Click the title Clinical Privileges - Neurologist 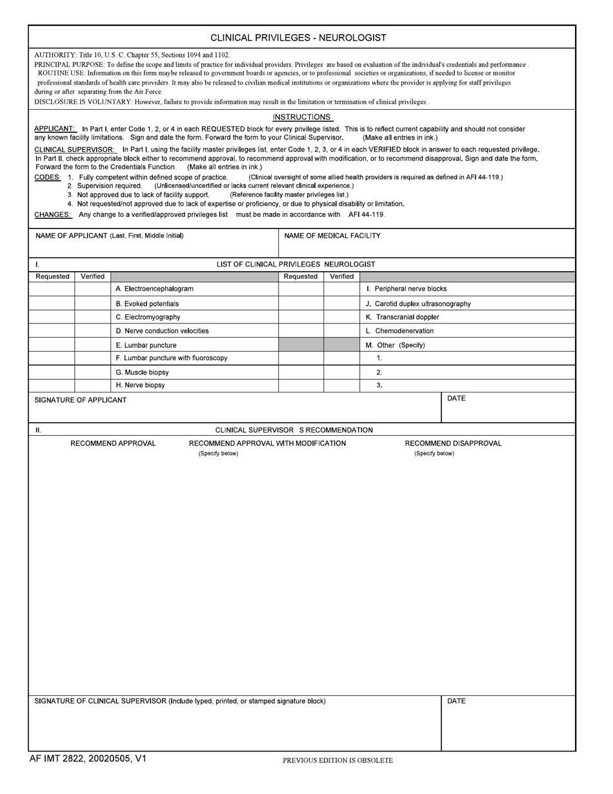[x=298, y=37]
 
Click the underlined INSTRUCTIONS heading [x=302, y=117]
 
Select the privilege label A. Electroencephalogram [x=154, y=289]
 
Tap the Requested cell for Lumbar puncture [x=52, y=345]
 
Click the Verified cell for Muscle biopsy [x=92, y=372]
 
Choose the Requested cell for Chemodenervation [x=301, y=331]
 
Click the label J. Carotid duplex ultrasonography [x=418, y=303]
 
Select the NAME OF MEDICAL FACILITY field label [x=332, y=236]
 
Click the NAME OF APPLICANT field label [x=109, y=236]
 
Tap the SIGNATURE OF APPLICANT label [x=80, y=400]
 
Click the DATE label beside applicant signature [x=456, y=398]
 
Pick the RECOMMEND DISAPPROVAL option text [x=453, y=443]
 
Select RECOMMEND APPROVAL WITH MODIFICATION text [x=267, y=443]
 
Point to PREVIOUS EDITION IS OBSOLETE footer [x=337, y=760]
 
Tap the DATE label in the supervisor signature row [x=456, y=701]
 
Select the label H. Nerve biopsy [x=140, y=385]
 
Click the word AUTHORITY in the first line [x=54, y=56]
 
